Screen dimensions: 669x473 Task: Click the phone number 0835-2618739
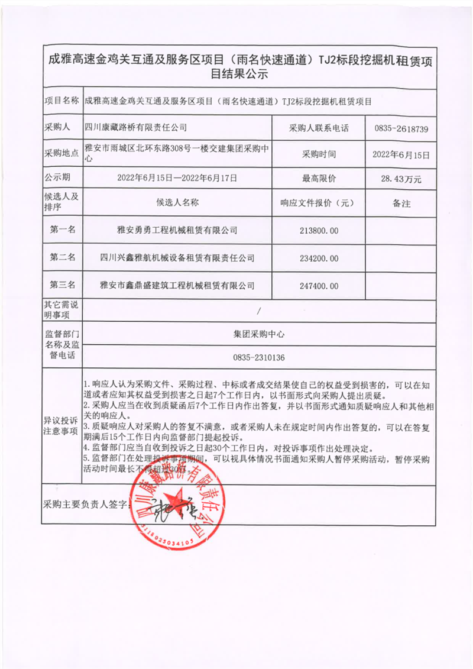401,128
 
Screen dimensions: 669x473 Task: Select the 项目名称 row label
61,101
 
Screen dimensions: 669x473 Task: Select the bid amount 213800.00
319,231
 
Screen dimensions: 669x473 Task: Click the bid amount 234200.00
319,258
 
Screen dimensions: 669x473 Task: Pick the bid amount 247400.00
319,286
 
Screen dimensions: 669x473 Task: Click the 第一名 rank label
62,230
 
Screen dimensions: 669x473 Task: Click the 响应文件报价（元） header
319,203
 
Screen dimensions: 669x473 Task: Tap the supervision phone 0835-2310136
259,358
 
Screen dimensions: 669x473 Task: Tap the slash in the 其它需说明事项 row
259,310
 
